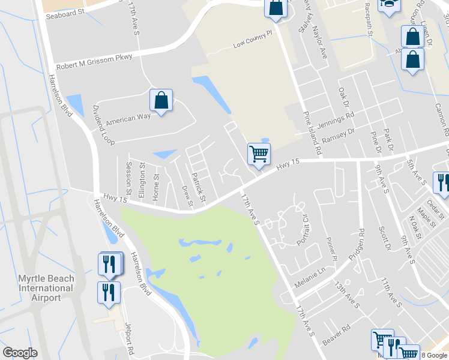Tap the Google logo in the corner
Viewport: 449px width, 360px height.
pyautogui.click(x=20, y=353)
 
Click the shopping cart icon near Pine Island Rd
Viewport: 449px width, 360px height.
pyautogui.click(x=259, y=154)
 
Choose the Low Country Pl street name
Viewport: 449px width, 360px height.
pyautogui.click(x=253, y=40)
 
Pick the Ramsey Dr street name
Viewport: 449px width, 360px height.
pyautogui.click(x=339, y=133)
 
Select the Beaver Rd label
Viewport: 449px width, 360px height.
pyautogui.click(x=336, y=335)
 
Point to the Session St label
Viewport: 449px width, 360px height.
pyautogui.click(x=128, y=174)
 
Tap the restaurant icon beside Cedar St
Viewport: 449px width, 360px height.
pyautogui.click(x=442, y=182)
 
